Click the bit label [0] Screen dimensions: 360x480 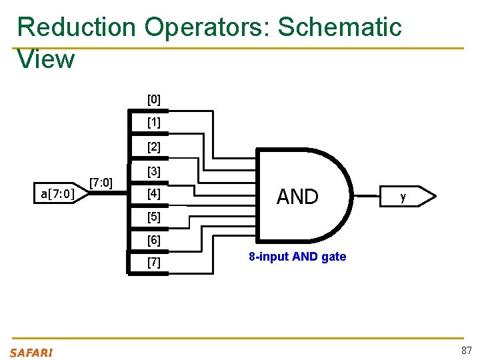click(x=153, y=100)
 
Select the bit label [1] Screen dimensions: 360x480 click(x=153, y=123)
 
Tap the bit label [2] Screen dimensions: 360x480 click(x=153, y=147)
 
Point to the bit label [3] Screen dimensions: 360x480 click(x=153, y=172)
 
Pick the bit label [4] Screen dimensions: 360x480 click(x=153, y=195)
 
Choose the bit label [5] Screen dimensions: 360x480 click(x=153, y=217)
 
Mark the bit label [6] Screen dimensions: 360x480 click(x=153, y=240)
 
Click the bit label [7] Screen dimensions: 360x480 click(x=153, y=263)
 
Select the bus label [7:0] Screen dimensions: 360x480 click(x=101, y=182)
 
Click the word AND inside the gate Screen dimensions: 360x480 click(x=297, y=197)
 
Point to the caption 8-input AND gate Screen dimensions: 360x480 click(x=297, y=257)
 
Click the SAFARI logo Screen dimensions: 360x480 click(x=31, y=352)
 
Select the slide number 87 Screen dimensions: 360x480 click(x=465, y=351)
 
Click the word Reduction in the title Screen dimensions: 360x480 click(x=76, y=27)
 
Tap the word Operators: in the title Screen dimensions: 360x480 click(x=206, y=27)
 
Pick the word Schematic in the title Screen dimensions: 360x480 click(x=339, y=27)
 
